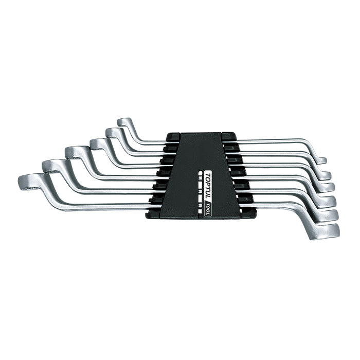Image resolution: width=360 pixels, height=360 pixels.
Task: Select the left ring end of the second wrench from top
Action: (x=112, y=133)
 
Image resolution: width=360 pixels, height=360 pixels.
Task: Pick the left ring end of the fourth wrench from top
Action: (x=75, y=152)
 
